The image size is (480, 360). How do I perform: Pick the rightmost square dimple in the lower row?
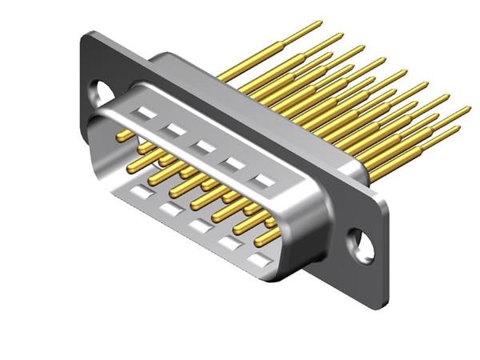pyautogui.click(x=257, y=260)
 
